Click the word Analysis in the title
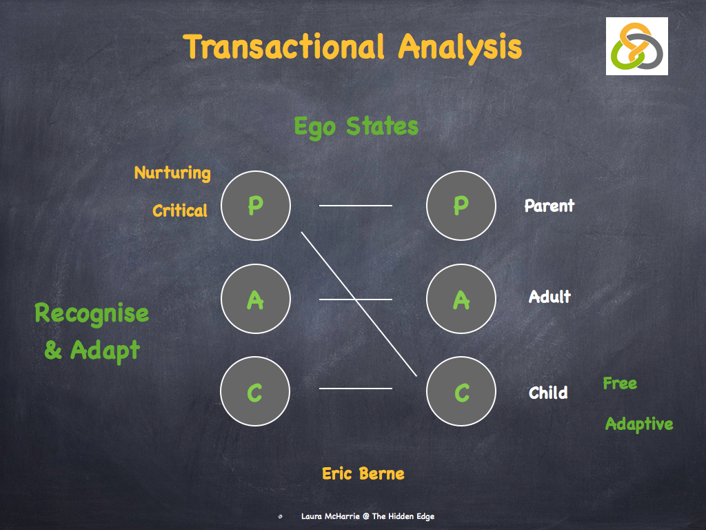coord(460,47)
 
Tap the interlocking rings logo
coord(636,46)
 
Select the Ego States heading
coord(356,127)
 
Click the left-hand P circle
coord(256,206)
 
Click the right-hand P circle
coord(461,206)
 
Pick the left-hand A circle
coord(256,300)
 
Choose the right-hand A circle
coord(461,300)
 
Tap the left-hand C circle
coord(256,392)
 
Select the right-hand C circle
coord(461,392)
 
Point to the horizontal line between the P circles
coord(356,206)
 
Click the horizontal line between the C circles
coord(356,389)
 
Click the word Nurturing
coord(172,173)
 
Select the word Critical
coord(180,210)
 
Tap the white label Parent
coord(549,206)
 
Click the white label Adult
coord(549,297)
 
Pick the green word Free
coord(620,384)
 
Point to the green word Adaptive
coord(639,424)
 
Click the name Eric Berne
coord(363,473)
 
